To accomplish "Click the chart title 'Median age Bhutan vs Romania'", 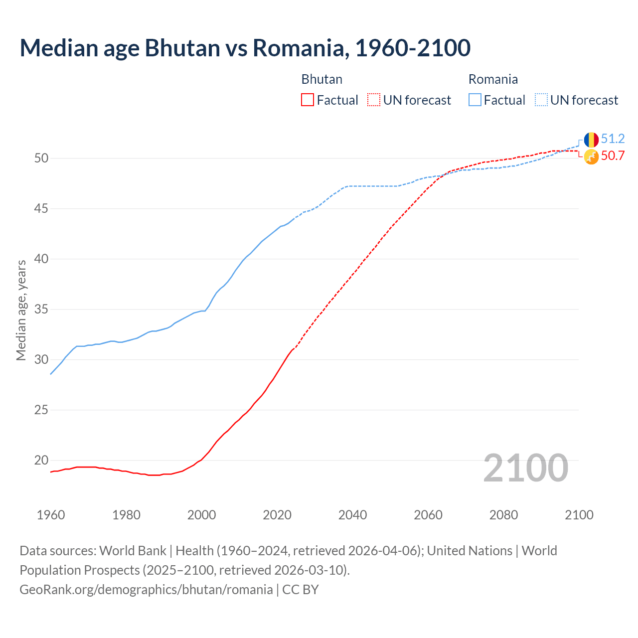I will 245,48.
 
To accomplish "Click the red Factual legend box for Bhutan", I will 308,100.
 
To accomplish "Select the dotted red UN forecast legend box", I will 374,100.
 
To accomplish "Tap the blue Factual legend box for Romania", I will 475,100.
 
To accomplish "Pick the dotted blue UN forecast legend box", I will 541,100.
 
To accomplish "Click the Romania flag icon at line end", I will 591,140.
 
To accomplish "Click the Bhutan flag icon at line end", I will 591,157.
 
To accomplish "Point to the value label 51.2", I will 613,139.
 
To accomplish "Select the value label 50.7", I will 613,156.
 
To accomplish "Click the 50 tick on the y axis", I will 41,158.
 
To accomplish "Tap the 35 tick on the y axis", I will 41,309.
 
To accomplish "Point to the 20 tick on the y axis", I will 41,460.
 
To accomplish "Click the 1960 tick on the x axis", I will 51,515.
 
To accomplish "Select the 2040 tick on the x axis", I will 352,515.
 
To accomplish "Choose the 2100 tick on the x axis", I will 579,515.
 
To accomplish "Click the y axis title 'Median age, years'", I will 21,310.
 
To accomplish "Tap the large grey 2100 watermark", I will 525,468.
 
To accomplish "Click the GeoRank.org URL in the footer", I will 146,590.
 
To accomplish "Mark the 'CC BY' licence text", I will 300,590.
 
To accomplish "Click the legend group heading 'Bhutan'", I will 321,79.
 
